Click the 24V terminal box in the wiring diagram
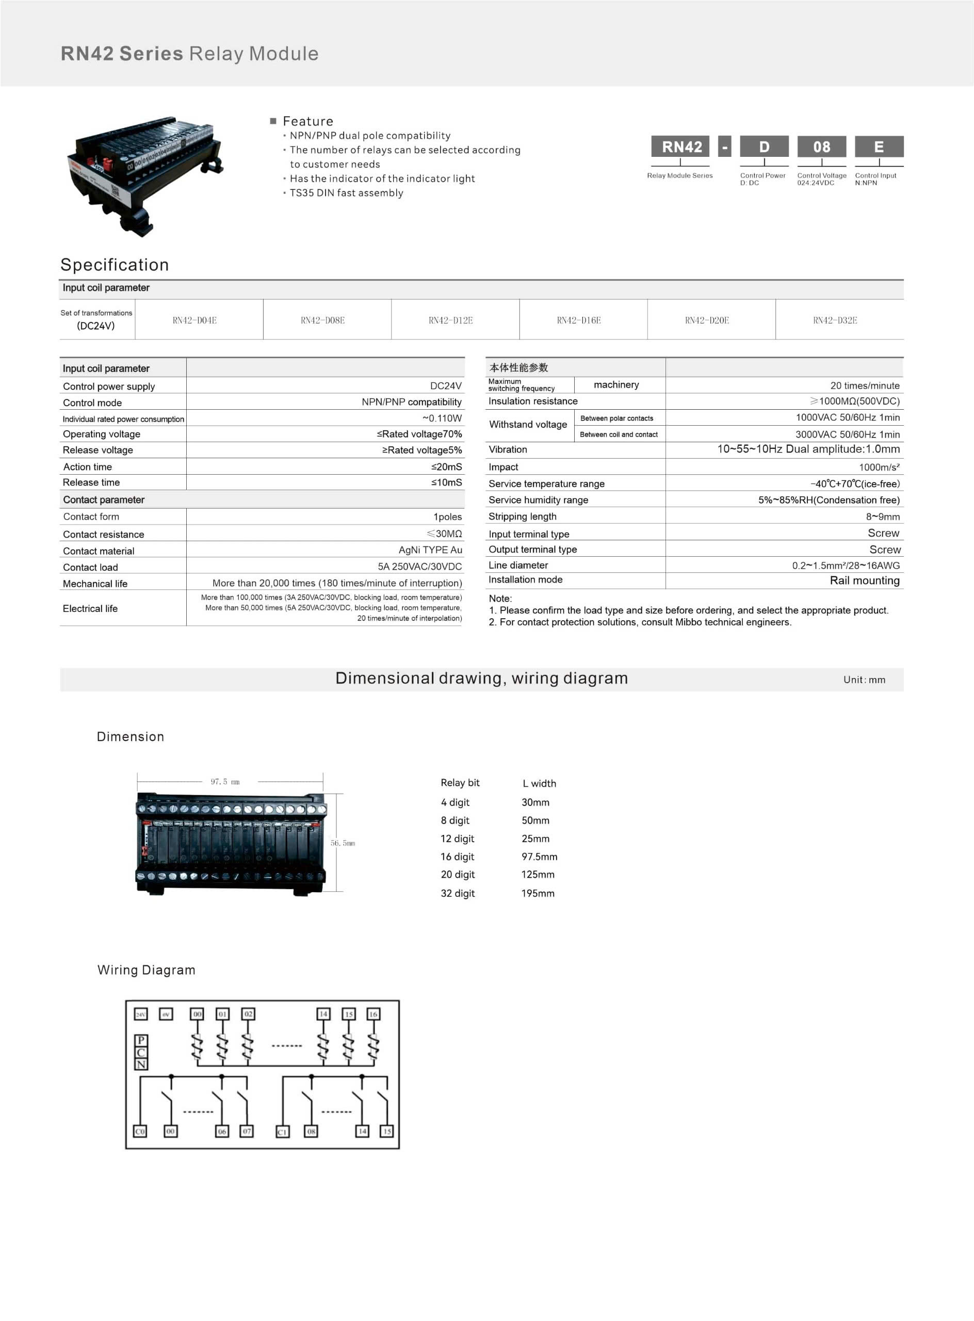141,1014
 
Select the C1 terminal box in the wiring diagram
282,1132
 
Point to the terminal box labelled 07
247,1131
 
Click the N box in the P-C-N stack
141,1065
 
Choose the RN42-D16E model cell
578,320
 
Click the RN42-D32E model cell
835,320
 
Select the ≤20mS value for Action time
446,467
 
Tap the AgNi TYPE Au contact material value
430,550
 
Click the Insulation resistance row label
533,401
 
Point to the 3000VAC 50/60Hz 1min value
847,434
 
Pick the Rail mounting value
864,581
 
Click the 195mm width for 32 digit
538,893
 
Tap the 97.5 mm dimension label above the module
225,782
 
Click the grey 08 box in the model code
821,147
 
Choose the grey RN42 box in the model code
681,147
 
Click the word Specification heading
115,265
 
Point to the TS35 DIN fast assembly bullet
346,193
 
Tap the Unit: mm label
864,680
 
